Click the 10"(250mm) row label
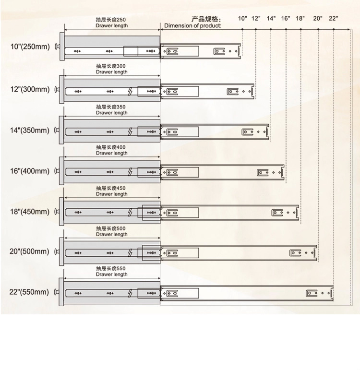[30, 48]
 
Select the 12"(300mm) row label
[30, 89]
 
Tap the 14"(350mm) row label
[30, 130]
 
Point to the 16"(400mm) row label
[30, 171]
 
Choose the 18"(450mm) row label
[30, 212]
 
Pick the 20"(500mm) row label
[30, 251]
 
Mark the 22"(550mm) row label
[30, 292]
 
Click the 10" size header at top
[242, 18]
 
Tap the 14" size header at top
[271, 18]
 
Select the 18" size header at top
[300, 18]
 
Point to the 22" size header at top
[334, 18]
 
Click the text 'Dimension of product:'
[193, 25]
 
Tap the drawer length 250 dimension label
[112, 22]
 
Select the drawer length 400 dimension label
[111, 150]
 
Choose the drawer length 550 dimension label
[111, 271]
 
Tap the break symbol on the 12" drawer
[130, 90]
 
